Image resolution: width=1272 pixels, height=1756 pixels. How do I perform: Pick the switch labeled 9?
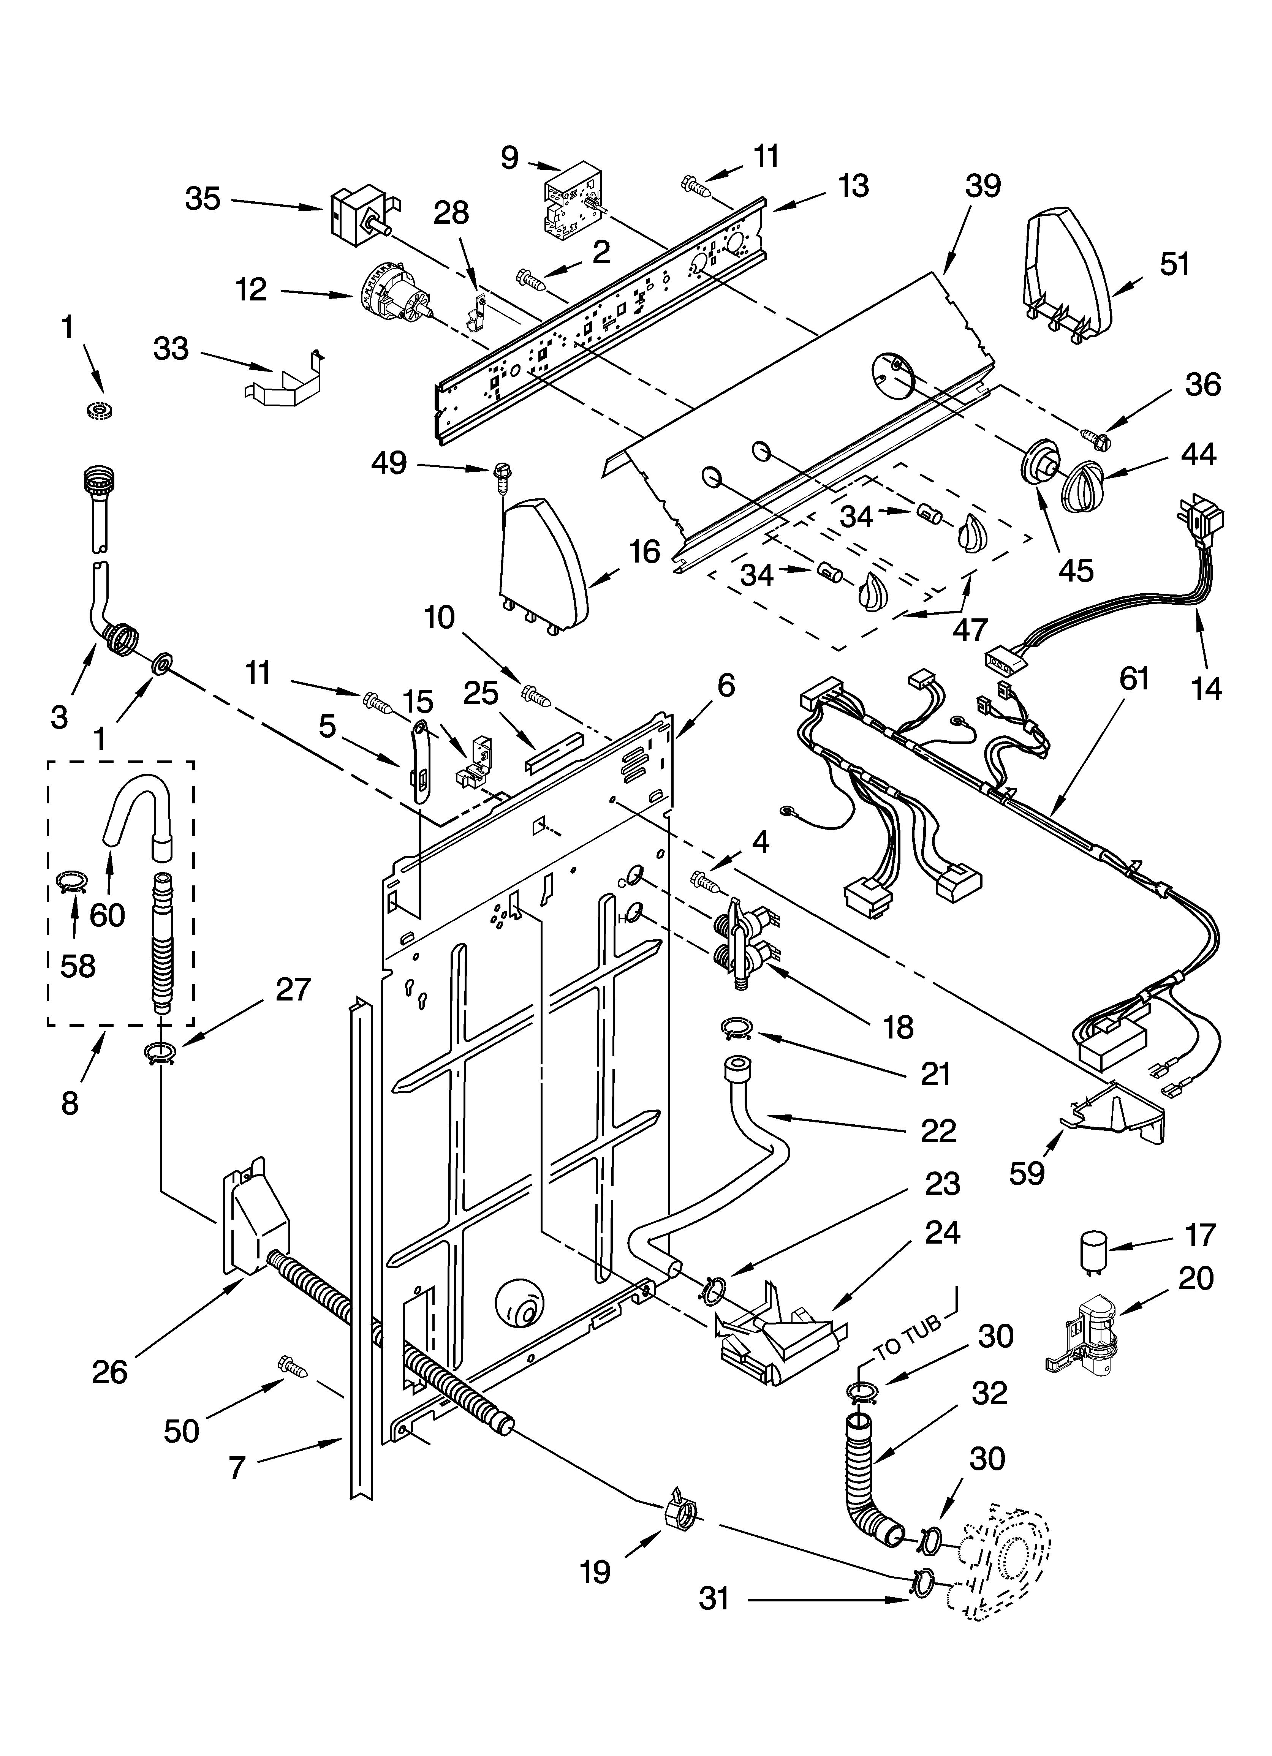point(571,203)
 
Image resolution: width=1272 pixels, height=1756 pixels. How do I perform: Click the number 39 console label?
point(982,186)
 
